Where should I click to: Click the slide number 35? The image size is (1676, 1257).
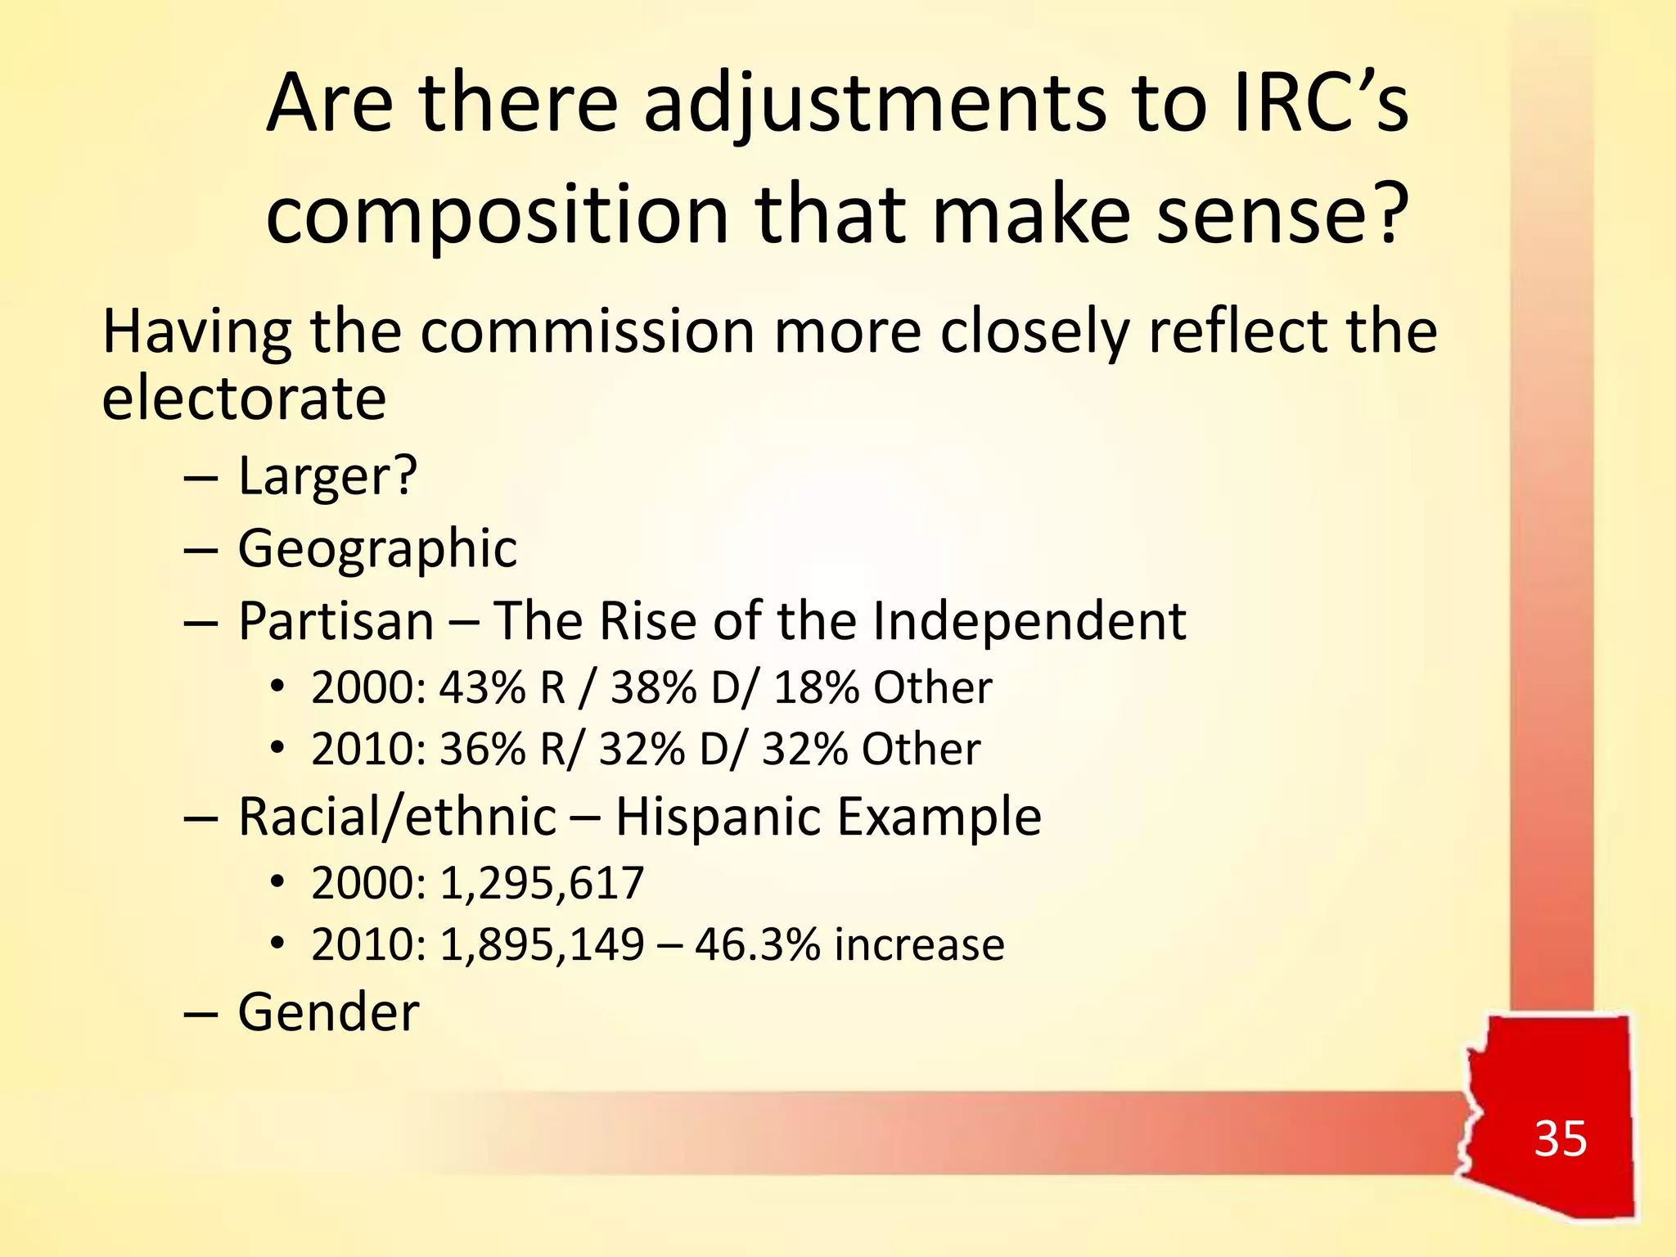click(x=1560, y=1138)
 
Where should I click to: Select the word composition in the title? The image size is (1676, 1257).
click(x=497, y=214)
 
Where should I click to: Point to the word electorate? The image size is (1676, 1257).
click(x=244, y=399)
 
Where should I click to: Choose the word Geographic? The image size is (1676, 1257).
click(x=377, y=548)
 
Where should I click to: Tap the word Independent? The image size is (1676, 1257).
click(x=1029, y=620)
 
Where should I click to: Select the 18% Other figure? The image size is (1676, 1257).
click(x=882, y=687)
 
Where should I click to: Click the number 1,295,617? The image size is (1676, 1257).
click(x=542, y=883)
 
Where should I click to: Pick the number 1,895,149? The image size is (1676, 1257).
click(x=542, y=944)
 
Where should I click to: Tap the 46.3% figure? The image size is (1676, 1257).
click(x=758, y=944)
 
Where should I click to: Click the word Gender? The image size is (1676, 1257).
click(x=328, y=1012)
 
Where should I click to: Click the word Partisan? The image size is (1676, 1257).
click(x=336, y=620)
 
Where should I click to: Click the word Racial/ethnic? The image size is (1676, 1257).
click(x=397, y=817)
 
